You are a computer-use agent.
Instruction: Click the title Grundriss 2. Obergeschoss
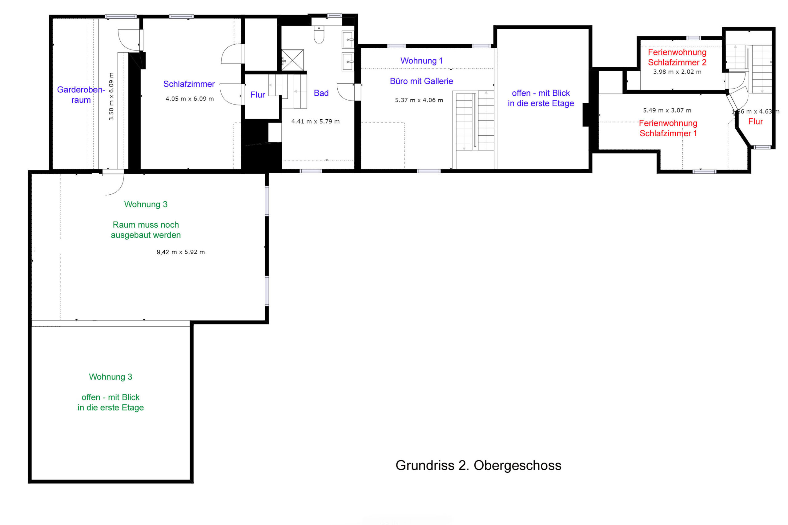(478, 466)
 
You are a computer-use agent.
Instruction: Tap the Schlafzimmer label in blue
(189, 84)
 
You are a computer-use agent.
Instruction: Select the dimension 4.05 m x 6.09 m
(190, 99)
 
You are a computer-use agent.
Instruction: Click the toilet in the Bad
(319, 34)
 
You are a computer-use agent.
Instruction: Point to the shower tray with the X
(292, 60)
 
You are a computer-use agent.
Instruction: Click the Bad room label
(321, 93)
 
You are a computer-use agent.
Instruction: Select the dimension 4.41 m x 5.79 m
(315, 121)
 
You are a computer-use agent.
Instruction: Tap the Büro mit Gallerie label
(421, 81)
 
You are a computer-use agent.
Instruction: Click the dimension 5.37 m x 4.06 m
(419, 100)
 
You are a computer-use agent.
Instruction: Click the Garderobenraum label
(81, 95)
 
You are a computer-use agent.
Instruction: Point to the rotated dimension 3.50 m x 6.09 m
(111, 97)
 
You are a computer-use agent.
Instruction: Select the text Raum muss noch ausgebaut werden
(146, 230)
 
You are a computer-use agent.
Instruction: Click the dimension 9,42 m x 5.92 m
(181, 252)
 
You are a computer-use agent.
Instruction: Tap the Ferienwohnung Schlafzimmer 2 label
(677, 57)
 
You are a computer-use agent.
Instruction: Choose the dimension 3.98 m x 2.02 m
(677, 72)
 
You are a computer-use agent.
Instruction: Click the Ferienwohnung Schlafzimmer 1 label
(668, 128)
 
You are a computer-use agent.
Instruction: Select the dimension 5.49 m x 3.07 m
(667, 110)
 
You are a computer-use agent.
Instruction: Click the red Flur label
(755, 121)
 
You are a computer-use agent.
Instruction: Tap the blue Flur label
(258, 95)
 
